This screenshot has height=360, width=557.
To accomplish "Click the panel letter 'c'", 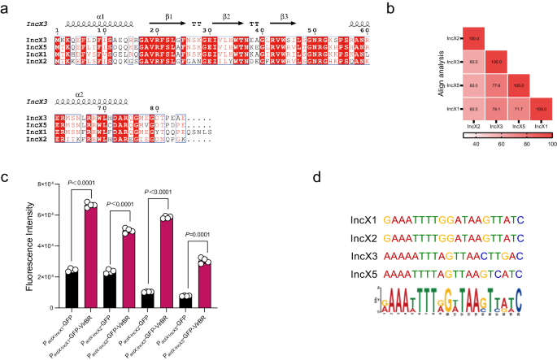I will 6,180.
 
